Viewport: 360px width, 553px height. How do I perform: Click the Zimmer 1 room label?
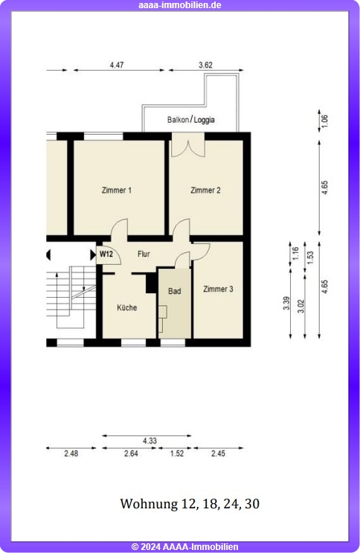point(116,191)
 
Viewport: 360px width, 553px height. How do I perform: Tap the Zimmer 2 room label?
point(205,191)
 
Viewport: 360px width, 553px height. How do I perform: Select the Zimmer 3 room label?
point(218,290)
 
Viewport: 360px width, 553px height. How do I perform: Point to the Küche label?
point(127,307)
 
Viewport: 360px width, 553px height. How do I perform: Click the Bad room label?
point(175,291)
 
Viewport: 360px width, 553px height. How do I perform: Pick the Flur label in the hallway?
point(144,254)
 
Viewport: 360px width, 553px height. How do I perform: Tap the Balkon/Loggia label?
point(190,120)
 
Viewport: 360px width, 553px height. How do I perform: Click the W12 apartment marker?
point(106,254)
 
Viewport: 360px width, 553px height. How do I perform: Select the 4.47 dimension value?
point(117,65)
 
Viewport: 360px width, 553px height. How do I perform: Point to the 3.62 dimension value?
point(205,65)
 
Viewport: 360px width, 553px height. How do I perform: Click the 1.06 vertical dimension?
point(325,121)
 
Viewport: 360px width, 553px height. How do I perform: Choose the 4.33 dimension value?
point(150,441)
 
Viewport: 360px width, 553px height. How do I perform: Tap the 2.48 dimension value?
point(71,453)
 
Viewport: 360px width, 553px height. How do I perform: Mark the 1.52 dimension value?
point(177,453)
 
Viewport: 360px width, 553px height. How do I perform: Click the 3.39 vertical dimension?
point(286,304)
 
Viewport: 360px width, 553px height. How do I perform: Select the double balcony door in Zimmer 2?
point(188,148)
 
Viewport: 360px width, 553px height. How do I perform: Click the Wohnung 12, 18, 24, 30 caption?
point(190,504)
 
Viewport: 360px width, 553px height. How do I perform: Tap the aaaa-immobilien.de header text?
point(180,5)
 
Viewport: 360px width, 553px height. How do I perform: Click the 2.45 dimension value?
point(218,453)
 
